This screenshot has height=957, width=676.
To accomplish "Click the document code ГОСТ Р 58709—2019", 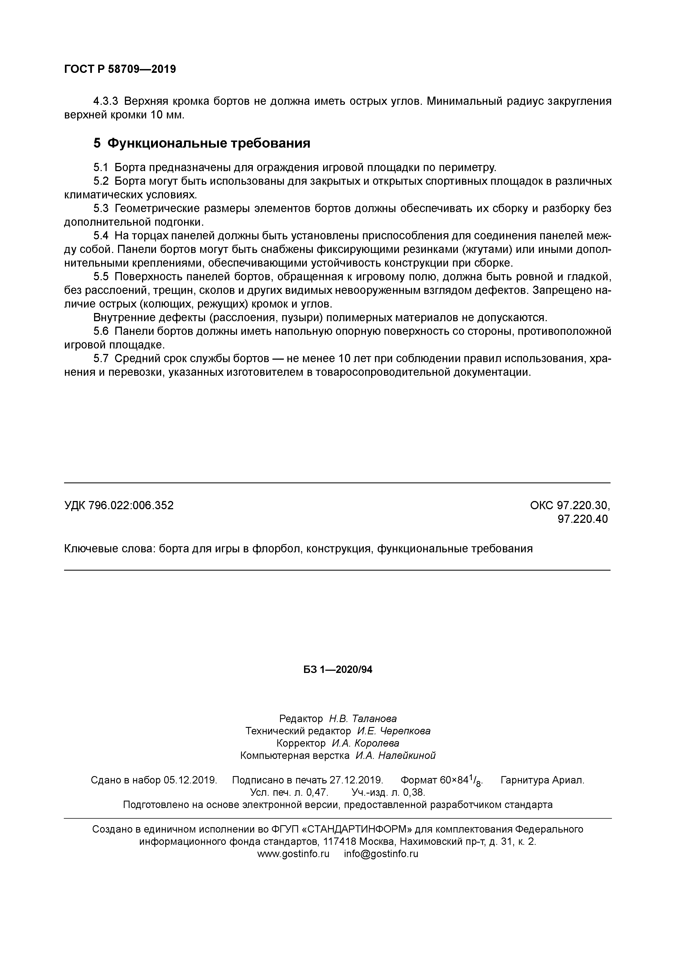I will click(x=120, y=69).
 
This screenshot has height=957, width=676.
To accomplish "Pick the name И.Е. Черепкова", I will click(x=393, y=731).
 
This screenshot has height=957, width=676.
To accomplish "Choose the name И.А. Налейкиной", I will click(x=395, y=756).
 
